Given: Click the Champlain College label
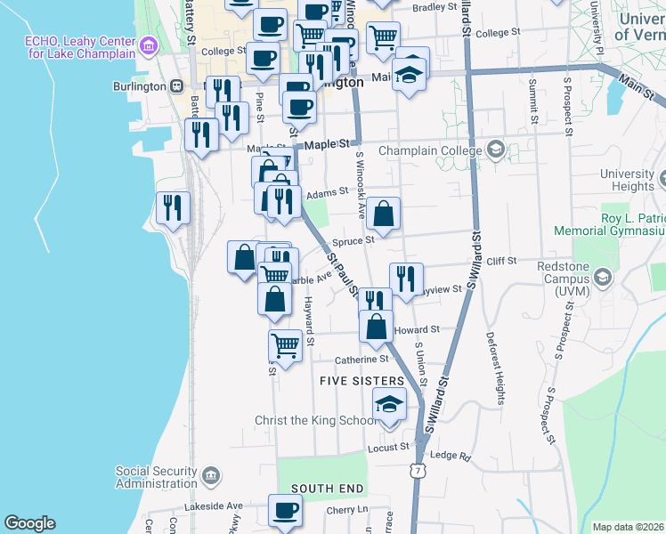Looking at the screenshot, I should click(x=431, y=150).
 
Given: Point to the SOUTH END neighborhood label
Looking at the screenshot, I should click(x=327, y=489).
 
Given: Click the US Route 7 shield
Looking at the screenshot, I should click(x=416, y=470).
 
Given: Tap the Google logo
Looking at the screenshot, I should click(x=29, y=523).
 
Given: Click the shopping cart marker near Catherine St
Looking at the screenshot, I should click(x=285, y=344).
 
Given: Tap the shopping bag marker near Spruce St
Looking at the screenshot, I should click(x=384, y=214).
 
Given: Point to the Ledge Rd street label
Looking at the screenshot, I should click(x=450, y=456).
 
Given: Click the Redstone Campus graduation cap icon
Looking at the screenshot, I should click(x=603, y=279).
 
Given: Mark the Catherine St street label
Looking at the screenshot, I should click(x=362, y=360).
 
